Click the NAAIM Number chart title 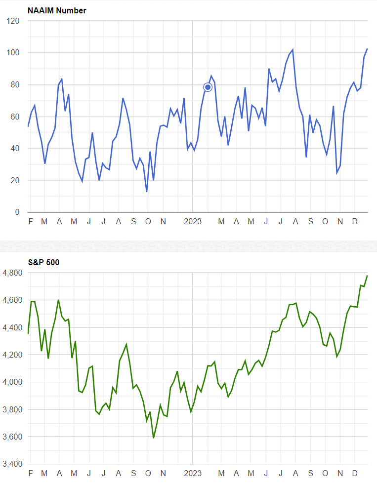click(57, 10)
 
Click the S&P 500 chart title click(43, 262)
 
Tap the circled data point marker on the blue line click(208, 87)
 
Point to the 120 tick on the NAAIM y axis click(14, 21)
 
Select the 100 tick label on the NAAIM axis click(14, 53)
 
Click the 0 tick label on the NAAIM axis click(17, 212)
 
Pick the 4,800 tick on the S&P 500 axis click(12, 273)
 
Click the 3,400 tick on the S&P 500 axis click(12, 464)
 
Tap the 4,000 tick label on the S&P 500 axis click(12, 382)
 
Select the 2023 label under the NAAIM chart click(193, 222)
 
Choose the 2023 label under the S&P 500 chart click(193, 474)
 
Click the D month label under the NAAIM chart click(355, 222)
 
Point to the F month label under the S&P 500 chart click(31, 474)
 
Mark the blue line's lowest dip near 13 click(147, 191)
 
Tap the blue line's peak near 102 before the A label click(293, 50)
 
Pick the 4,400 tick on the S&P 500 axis click(12, 327)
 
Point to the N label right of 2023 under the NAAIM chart click(340, 222)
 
